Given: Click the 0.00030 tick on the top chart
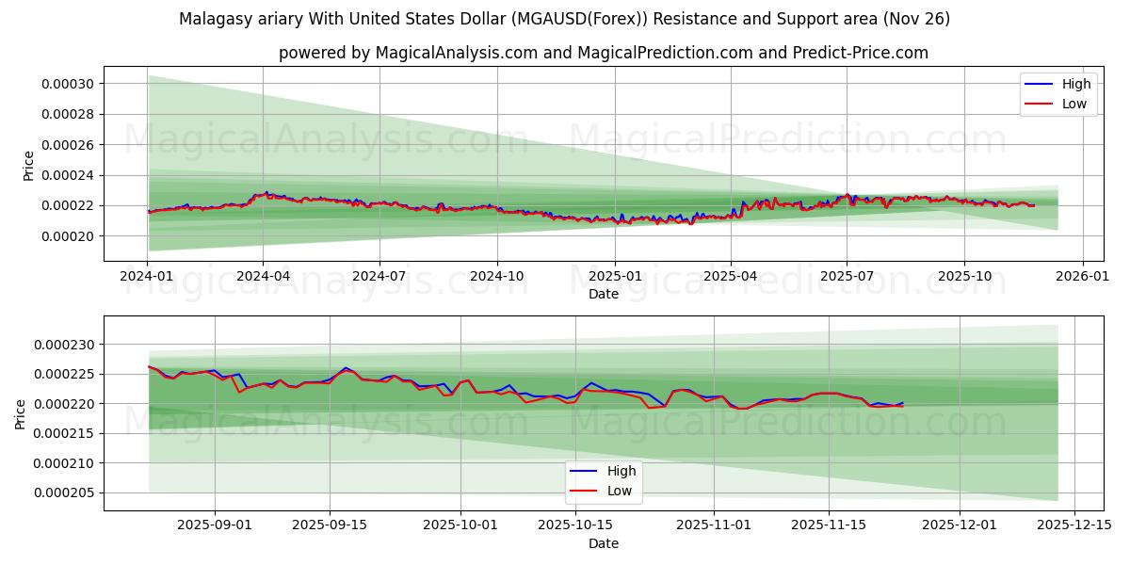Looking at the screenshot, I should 67,84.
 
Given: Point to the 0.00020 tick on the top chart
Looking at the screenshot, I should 67,235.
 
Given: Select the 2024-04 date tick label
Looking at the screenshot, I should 263,276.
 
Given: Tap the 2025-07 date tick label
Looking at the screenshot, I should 847,276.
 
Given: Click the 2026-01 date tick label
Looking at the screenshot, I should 1082,276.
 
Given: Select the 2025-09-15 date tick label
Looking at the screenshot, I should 330,525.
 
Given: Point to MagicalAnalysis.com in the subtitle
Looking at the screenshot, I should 452,53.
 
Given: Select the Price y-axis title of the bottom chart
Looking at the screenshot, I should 21,413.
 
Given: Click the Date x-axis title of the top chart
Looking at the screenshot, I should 603,294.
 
